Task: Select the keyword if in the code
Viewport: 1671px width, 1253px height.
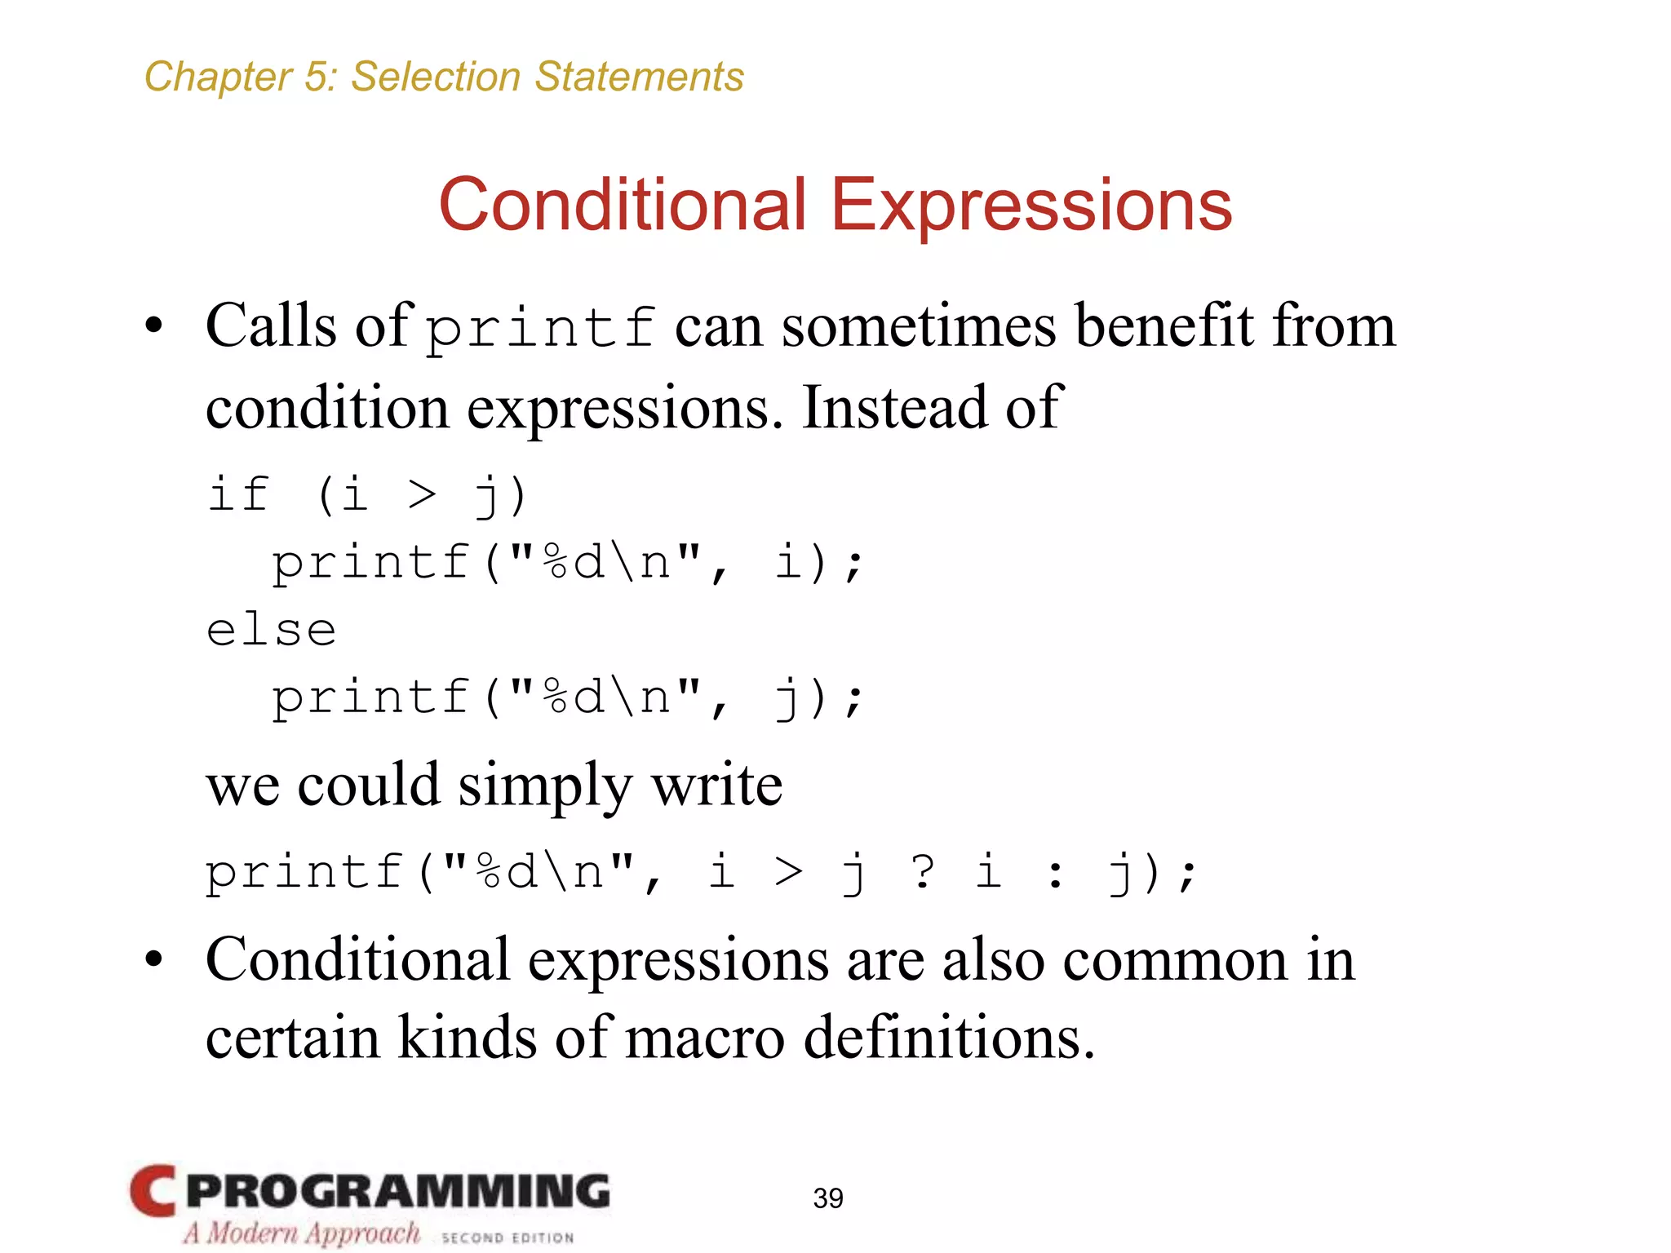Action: [x=238, y=494]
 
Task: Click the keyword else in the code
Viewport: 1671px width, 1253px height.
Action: [x=271, y=631]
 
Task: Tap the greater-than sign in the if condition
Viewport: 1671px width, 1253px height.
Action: [x=422, y=494]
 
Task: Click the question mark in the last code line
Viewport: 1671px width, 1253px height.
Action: [x=923, y=871]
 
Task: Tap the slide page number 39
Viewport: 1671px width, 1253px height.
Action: [x=828, y=1198]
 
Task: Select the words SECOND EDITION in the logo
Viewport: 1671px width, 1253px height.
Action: [x=508, y=1238]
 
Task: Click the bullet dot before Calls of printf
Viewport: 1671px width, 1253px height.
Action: [x=153, y=327]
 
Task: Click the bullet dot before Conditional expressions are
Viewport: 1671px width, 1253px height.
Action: [x=153, y=960]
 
